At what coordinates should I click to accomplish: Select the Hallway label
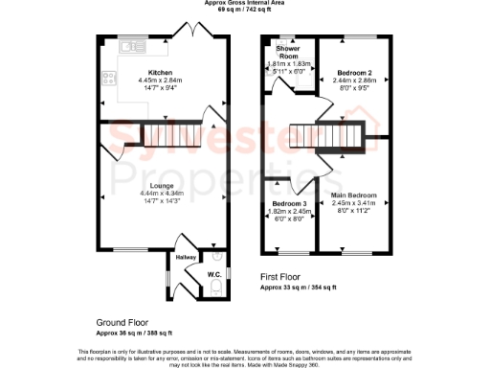tap(185, 257)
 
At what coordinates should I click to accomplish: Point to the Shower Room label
tap(288, 52)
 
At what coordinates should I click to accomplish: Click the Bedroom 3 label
tap(289, 205)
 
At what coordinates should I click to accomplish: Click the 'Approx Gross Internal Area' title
tap(245, 4)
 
